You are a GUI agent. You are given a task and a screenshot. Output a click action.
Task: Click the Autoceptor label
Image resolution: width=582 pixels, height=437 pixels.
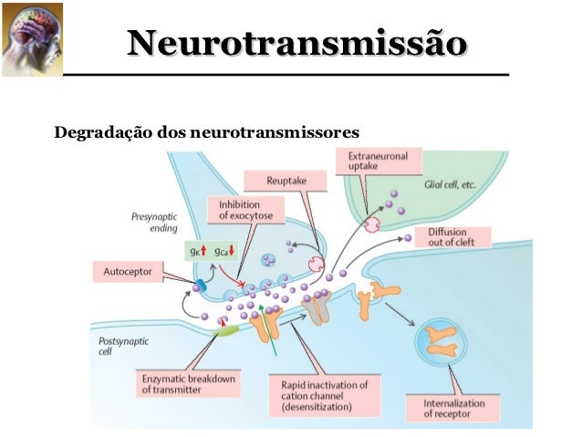129,271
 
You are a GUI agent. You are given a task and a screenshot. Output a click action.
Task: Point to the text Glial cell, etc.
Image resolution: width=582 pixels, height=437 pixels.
451,184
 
